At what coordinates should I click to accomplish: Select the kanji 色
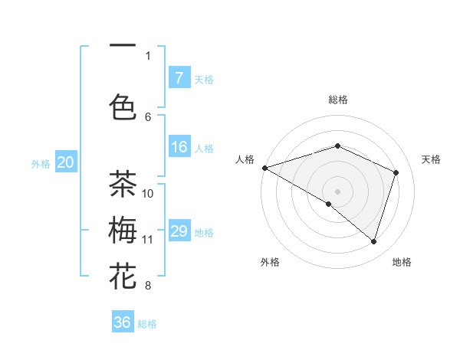(x=123, y=106)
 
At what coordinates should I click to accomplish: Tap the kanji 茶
(x=123, y=184)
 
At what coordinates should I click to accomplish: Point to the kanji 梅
(x=123, y=230)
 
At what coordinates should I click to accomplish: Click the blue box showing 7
(x=179, y=77)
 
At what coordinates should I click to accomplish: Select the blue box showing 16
(x=179, y=148)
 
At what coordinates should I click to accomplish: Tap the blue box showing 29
(x=179, y=232)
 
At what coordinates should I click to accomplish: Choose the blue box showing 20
(x=66, y=162)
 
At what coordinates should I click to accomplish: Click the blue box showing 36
(x=123, y=322)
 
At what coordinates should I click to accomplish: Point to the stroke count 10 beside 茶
(x=148, y=193)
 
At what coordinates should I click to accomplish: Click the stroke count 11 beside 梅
(x=148, y=239)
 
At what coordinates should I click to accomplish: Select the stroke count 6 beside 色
(x=148, y=116)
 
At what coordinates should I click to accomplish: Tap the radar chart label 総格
(x=337, y=100)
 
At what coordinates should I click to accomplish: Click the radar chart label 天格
(x=432, y=159)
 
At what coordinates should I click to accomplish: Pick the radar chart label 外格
(x=270, y=262)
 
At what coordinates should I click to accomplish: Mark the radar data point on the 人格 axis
(x=264, y=167)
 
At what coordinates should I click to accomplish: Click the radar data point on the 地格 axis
(x=373, y=241)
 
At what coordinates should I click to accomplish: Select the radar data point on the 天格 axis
(x=396, y=172)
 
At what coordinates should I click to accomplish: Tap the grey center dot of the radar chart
(x=337, y=191)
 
